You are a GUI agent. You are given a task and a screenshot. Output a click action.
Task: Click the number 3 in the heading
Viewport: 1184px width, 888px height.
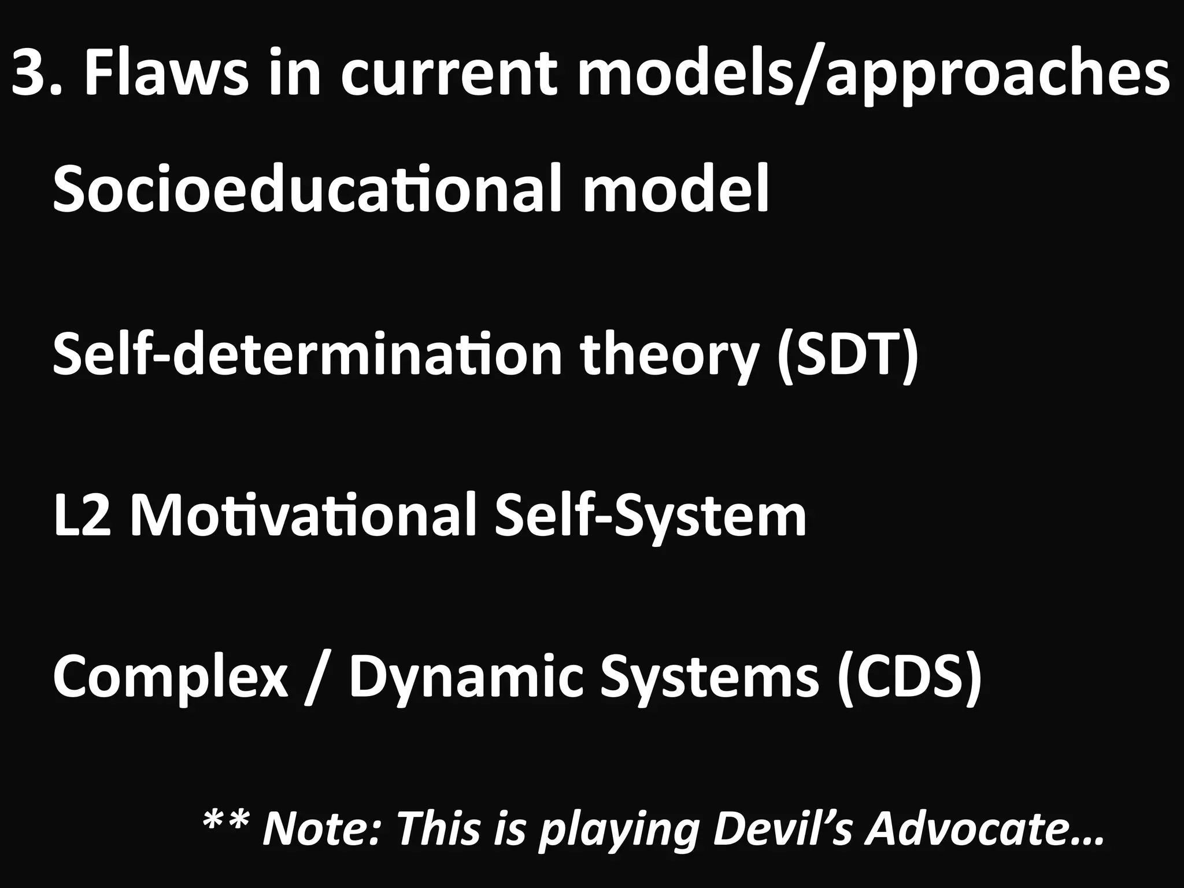[x=32, y=74]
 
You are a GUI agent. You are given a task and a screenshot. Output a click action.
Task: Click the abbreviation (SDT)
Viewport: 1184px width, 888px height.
[x=847, y=354]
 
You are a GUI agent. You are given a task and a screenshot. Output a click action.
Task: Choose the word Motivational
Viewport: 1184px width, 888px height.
[x=304, y=516]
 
